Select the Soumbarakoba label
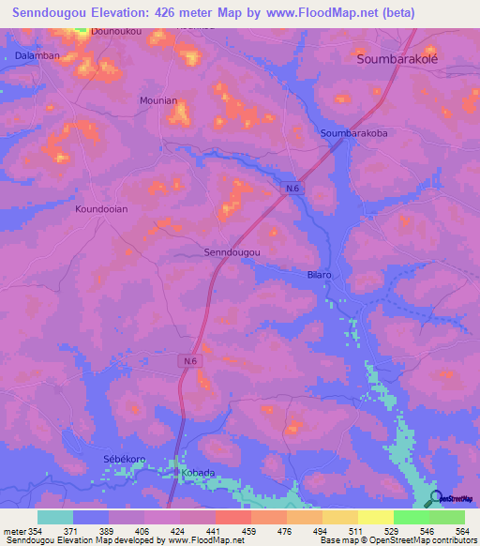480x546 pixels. point(354,133)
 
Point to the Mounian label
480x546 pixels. point(157,99)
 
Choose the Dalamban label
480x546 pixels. point(37,56)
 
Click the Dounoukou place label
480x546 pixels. point(90,30)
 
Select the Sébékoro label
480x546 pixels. point(124,459)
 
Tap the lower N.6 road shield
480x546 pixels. point(190,360)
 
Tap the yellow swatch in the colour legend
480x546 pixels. point(375,517)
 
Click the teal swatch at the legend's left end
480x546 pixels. point(55,517)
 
